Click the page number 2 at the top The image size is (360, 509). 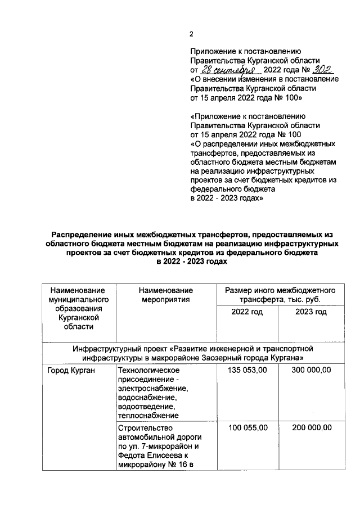[191, 34]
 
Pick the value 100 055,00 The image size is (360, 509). [248, 428]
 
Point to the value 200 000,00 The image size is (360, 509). [311, 428]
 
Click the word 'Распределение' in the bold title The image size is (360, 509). [83, 235]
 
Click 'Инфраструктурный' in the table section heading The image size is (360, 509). [107, 348]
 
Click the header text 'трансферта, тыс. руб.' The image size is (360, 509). [280, 299]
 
